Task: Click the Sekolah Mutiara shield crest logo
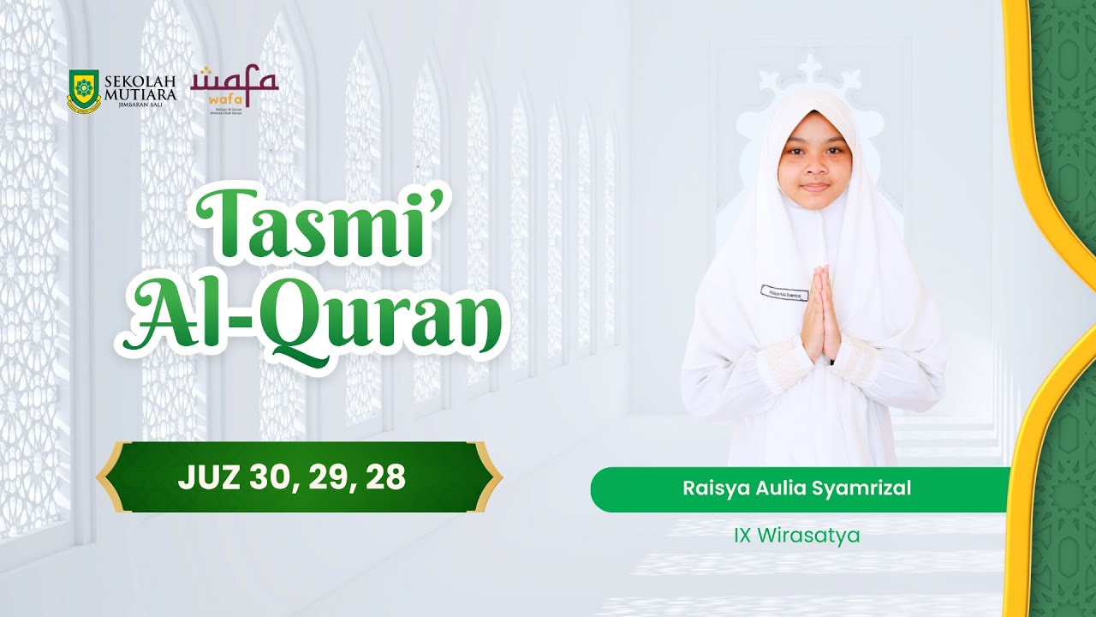(84, 92)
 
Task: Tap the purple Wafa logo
(234, 83)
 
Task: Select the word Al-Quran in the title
(312, 321)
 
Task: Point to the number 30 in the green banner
(265, 478)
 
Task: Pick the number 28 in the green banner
(383, 478)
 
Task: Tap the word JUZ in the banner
(205, 478)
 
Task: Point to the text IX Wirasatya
(796, 536)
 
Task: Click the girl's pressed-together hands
(817, 314)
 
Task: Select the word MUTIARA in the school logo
(140, 94)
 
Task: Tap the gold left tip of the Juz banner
(104, 477)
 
